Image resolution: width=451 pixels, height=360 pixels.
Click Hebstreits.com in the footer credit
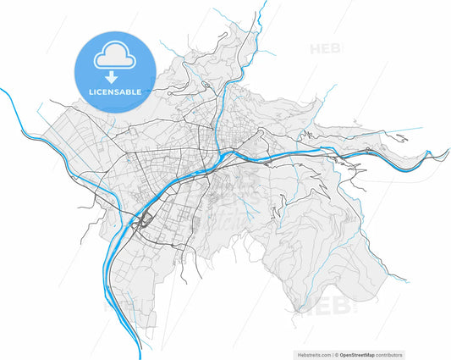tap(313, 354)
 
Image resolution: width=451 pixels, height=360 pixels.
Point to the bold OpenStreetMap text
tap(361, 354)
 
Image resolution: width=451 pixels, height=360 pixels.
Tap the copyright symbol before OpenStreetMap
tap(336, 354)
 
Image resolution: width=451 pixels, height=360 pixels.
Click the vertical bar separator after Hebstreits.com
tap(331, 354)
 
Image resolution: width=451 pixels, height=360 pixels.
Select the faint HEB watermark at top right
tap(326, 48)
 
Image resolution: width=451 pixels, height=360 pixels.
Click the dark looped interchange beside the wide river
tap(146, 223)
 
